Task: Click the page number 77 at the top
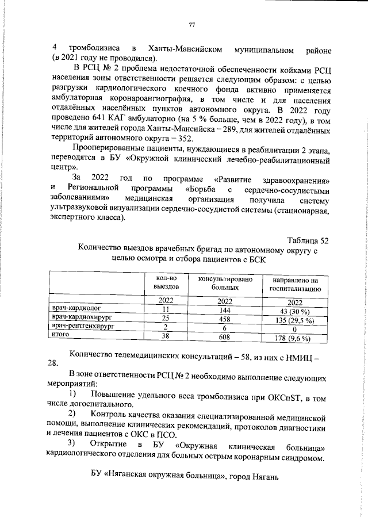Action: pyautogui.click(x=192, y=24)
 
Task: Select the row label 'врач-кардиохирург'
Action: pyautogui.click(x=81, y=317)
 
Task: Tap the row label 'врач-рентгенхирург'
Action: pyautogui.click(x=82, y=326)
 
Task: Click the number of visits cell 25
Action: pyautogui.click(x=166, y=318)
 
